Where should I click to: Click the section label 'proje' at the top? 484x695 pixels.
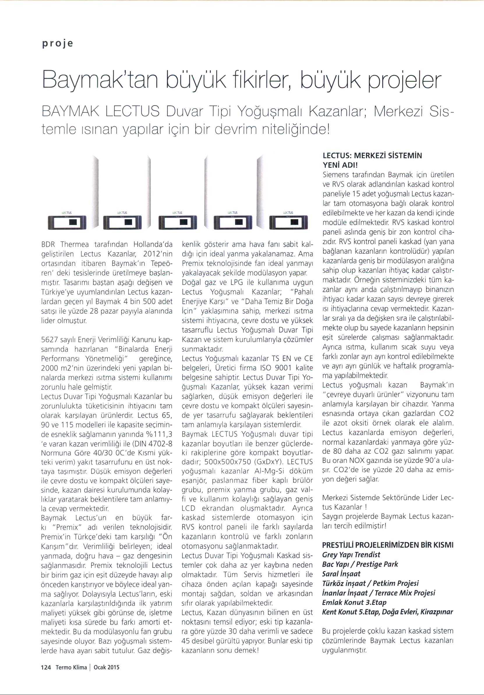click(x=57, y=44)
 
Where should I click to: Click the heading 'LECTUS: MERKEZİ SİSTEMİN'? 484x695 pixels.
click(x=372, y=156)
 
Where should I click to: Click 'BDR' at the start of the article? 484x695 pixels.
click(x=47, y=244)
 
